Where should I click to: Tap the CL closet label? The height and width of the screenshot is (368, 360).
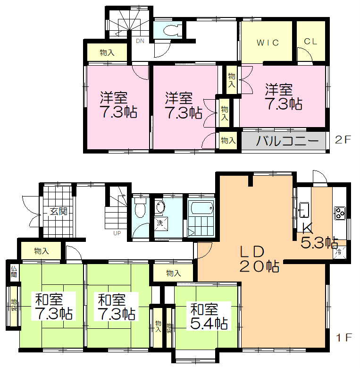point(310,42)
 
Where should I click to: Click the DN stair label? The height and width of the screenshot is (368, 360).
point(140,41)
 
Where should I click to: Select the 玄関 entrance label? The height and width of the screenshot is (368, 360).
point(59,211)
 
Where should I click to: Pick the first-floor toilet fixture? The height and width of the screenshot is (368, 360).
point(140,208)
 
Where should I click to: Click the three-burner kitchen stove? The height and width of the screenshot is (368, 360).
point(340,213)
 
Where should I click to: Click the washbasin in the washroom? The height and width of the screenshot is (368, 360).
point(160,206)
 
